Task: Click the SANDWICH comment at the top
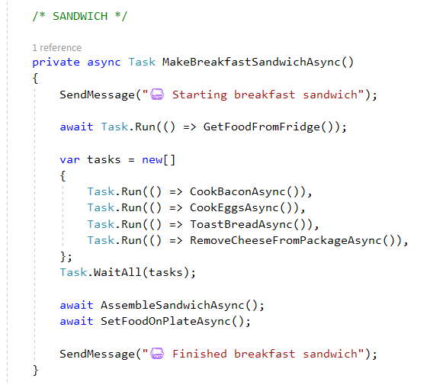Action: click(80, 16)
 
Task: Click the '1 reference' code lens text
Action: click(56, 48)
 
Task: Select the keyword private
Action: click(56, 63)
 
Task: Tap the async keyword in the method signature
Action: click(104, 63)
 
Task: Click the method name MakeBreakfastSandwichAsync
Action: click(251, 63)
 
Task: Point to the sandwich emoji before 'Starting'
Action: click(157, 95)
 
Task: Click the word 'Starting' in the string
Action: click(199, 95)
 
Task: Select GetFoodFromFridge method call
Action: click(262, 127)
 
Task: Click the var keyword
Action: click(69, 160)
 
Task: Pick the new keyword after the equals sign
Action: click(152, 160)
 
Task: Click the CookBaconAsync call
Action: click(238, 191)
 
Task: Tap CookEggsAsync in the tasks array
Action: click(234, 208)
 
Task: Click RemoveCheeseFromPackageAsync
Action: click(286, 240)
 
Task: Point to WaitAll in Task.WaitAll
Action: click(117, 273)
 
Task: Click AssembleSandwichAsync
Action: click(172, 305)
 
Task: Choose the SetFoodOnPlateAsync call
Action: click(165, 322)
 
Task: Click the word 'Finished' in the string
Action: click(199, 354)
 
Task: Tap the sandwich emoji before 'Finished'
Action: click(157, 354)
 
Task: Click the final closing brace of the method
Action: click(35, 371)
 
